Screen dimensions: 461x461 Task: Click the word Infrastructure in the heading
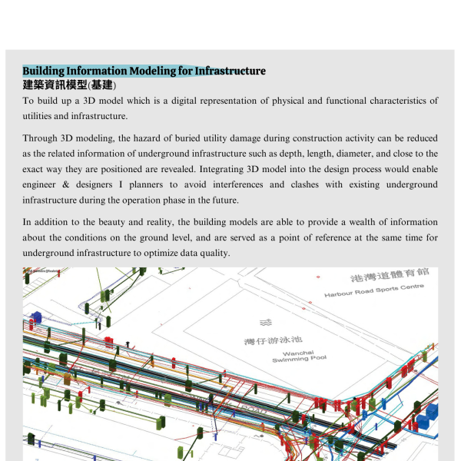coord(230,71)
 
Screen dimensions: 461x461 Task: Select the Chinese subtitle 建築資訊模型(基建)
coord(69,85)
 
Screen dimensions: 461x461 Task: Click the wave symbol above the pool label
coord(266,321)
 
